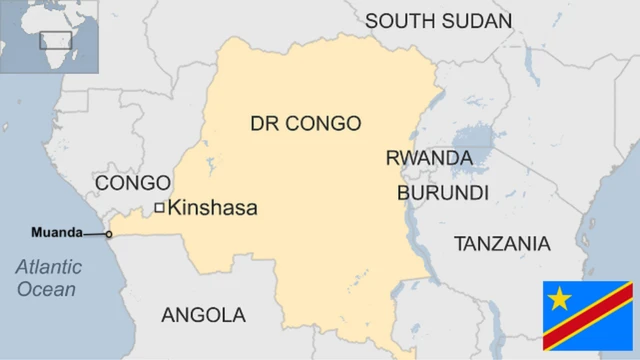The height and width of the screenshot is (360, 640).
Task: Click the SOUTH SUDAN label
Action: [438, 21]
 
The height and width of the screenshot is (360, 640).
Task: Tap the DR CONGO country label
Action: [305, 124]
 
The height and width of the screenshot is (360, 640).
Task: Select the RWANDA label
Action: [429, 158]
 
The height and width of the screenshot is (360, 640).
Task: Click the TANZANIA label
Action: [501, 243]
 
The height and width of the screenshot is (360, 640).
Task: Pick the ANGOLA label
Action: [203, 315]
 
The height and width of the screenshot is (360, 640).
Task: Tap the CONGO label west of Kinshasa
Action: [132, 183]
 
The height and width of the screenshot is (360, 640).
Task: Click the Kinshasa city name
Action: [212, 208]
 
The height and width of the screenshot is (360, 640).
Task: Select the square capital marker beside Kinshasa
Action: [159, 208]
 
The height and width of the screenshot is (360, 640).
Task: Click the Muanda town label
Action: [56, 232]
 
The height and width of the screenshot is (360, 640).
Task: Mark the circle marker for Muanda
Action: [109, 235]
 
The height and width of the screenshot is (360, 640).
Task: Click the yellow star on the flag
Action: [560, 298]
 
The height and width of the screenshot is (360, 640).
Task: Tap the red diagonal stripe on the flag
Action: [588, 316]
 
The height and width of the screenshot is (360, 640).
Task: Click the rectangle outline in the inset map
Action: [52, 40]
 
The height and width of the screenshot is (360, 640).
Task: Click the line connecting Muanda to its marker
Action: [94, 234]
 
